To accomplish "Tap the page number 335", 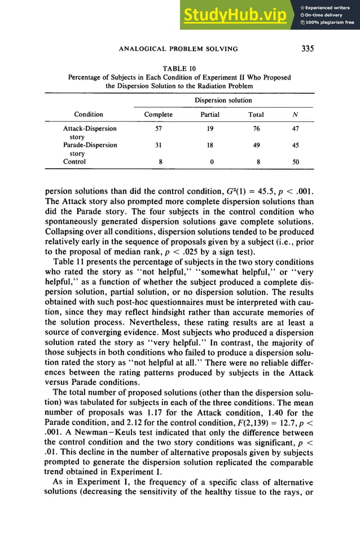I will pos(308,49).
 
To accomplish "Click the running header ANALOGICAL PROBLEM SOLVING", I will pos(178,49).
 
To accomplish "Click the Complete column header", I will pos(159,115).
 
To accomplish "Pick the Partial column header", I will pos(210,115).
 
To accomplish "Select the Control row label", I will pos(74,161).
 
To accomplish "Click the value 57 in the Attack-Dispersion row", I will pos(159,129).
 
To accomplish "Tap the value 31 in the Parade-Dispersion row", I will pos(159,145).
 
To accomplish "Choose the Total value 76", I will pos(257,129).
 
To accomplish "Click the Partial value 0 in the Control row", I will pos(211,161).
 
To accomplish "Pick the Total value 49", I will pos(257,145).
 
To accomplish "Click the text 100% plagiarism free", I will pos(330,23).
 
